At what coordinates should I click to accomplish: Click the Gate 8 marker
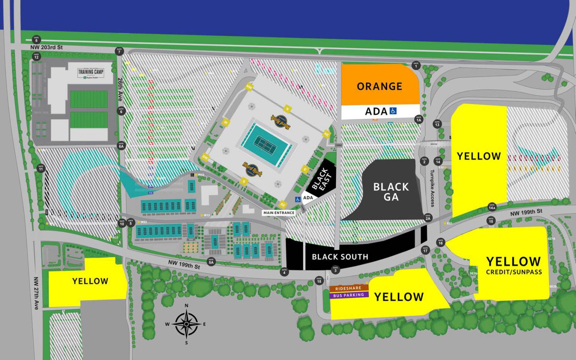pos(36,40)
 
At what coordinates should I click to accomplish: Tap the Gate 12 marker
pos(36,56)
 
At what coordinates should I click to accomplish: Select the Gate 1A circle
pos(419,119)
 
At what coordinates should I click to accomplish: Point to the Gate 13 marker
pos(437,124)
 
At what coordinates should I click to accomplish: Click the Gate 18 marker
pos(319,280)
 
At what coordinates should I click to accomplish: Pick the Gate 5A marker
pos(211,261)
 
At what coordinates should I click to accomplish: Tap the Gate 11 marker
pos(41,168)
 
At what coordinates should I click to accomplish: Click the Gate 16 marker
pos(440,242)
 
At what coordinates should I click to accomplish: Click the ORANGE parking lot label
pos(379,86)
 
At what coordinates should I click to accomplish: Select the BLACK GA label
pos(391,192)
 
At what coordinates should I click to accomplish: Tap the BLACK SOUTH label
pos(340,257)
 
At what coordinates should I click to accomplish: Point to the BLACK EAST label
pos(321,179)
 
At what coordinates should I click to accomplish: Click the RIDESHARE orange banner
pos(348,288)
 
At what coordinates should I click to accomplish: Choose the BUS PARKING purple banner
pos(348,295)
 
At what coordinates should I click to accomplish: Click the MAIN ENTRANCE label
pos(279,212)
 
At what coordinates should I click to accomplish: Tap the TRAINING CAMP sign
pos(91,72)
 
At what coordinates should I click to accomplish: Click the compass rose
pos(186,324)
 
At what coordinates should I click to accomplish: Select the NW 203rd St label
pos(46,47)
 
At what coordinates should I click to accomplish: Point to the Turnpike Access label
pos(432,188)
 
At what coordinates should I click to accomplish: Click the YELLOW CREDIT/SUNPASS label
pos(514,265)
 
